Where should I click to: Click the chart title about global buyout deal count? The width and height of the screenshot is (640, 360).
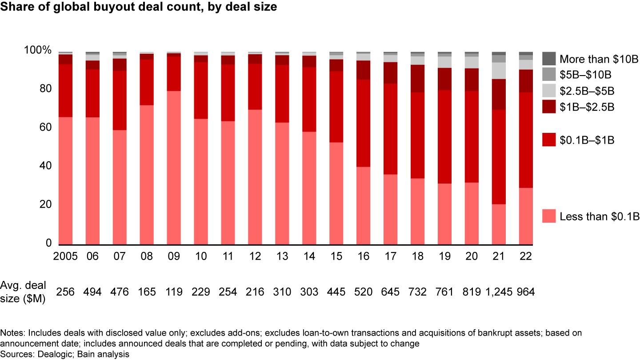click(139, 8)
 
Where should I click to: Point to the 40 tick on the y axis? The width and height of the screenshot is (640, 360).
click(46, 166)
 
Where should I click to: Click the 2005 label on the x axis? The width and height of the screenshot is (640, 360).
click(65, 256)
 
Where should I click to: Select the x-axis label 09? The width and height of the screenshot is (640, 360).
click(174, 256)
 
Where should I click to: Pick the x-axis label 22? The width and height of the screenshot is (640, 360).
click(526, 256)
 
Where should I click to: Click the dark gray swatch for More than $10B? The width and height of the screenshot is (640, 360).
click(549, 59)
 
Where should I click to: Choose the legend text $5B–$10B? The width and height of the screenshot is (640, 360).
click(585, 75)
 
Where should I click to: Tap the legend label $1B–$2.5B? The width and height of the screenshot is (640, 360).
click(587, 107)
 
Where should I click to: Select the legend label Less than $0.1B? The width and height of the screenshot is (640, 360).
click(599, 216)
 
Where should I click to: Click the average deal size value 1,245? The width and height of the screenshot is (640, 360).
click(499, 292)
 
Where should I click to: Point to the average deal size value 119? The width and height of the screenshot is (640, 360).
click(174, 292)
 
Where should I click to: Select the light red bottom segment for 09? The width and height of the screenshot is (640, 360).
click(174, 168)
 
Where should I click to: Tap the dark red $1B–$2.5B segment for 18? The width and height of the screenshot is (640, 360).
click(418, 79)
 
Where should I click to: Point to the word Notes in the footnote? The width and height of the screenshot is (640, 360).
click(10, 332)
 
